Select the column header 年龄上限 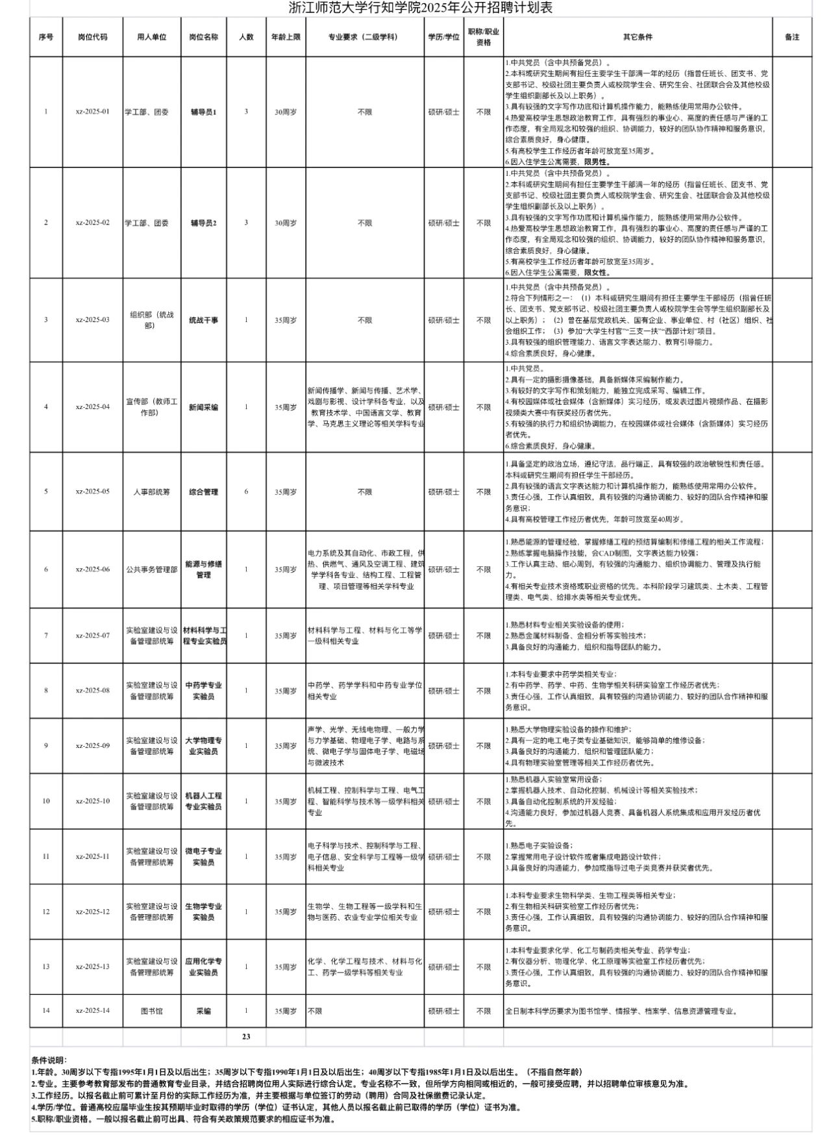click(286, 37)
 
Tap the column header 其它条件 click(638, 37)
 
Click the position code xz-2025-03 click(93, 319)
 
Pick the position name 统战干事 click(204, 320)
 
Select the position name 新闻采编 click(204, 407)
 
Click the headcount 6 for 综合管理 click(246, 492)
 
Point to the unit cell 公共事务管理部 click(152, 569)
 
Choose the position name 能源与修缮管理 click(204, 569)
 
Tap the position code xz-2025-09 click(93, 745)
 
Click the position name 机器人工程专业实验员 click(204, 801)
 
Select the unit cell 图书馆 click(152, 1011)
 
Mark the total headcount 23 click(246, 1036)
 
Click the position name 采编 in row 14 click(204, 1011)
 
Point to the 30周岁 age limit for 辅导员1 click(286, 112)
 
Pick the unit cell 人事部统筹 click(152, 492)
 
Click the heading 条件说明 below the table click(49, 1060)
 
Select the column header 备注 click(792, 37)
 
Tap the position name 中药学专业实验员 click(204, 690)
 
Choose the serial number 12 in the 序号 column click(46, 912)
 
